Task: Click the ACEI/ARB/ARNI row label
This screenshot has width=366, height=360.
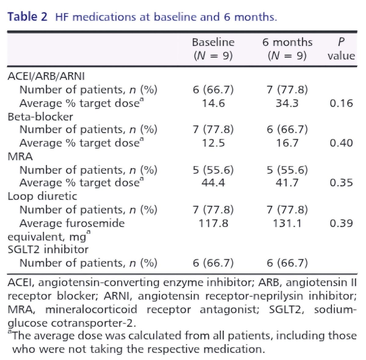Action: pyautogui.click(x=46, y=76)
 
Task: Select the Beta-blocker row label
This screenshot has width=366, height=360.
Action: pyautogui.click(x=40, y=116)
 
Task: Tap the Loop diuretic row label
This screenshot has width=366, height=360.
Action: pyautogui.click(x=42, y=196)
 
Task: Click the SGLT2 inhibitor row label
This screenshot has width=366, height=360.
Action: pyautogui.click(x=48, y=249)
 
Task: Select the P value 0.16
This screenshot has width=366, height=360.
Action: pyautogui.click(x=341, y=103)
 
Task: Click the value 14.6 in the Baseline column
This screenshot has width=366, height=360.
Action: pyautogui.click(x=213, y=103)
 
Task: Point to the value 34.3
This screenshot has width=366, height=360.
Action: pyautogui.click(x=287, y=103)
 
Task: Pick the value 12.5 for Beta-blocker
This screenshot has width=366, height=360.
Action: pyautogui.click(x=213, y=143)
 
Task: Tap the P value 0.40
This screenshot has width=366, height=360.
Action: pyautogui.click(x=341, y=143)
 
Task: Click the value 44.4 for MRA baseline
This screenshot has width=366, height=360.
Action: pyautogui.click(x=213, y=183)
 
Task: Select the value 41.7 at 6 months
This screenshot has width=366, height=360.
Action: pyautogui.click(x=287, y=183)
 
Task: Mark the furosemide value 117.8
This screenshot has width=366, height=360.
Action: pyautogui.click(x=213, y=223)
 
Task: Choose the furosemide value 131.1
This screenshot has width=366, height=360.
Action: pyautogui.click(x=287, y=223)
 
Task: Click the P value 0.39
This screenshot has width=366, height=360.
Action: pyautogui.click(x=341, y=223)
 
